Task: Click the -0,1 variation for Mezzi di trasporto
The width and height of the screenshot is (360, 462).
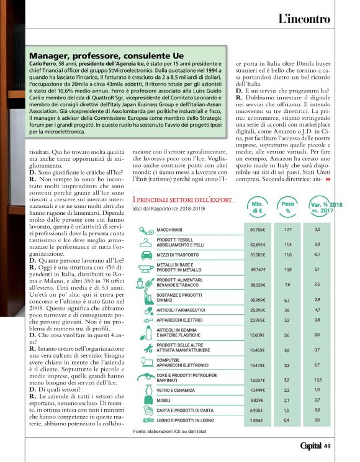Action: coord(317,254)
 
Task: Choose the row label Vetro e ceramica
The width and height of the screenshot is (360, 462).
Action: coord(176,390)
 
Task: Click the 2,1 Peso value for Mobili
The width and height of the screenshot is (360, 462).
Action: coord(287,400)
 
